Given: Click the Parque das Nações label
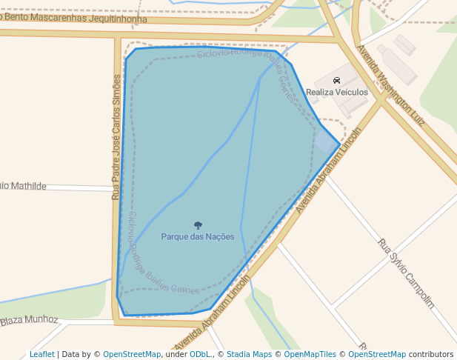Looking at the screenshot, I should click(198, 237).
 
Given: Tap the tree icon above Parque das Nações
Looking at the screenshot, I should click(198, 225).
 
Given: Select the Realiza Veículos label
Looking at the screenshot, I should click(337, 93).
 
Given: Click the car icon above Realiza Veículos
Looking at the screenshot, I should click(337, 81).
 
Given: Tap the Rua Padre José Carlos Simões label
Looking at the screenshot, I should click(116, 137).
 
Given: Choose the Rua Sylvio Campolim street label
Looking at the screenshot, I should click(405, 273).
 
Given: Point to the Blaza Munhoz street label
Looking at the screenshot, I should click(29, 320).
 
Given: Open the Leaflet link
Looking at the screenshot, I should click(41, 355).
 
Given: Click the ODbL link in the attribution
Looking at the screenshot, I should click(200, 355).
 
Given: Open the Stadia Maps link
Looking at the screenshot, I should click(249, 355).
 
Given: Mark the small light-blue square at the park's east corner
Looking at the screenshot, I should click(326, 141).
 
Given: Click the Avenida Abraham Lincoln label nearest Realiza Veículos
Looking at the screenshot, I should click(329, 170).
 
